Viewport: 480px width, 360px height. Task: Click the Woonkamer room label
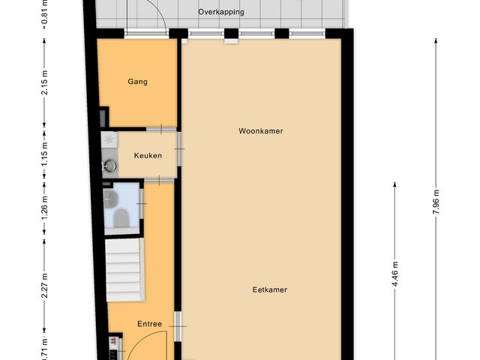pyautogui.click(x=260, y=130)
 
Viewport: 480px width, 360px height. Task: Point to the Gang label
pyautogui.click(x=137, y=82)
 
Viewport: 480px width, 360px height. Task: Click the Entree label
pyautogui.click(x=148, y=324)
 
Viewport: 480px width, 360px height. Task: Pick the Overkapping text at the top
pyautogui.click(x=220, y=12)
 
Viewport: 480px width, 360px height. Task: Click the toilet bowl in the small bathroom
pyautogui.click(x=120, y=217)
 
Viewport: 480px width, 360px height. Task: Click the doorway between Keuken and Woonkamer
pyautogui.click(x=179, y=154)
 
